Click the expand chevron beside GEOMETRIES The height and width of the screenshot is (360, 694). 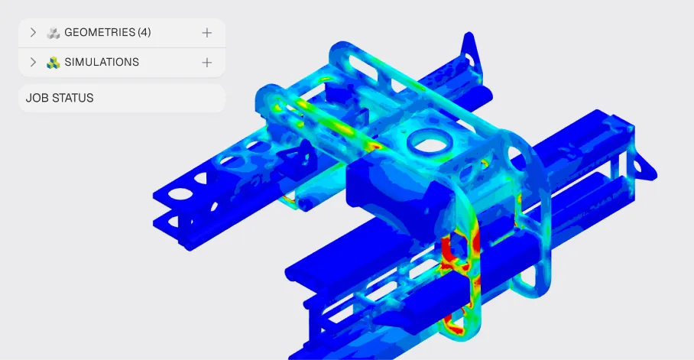[33, 32]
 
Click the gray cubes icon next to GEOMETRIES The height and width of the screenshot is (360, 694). [53, 33]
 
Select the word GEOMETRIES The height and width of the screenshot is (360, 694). [99, 32]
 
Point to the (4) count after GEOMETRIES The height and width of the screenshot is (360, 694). [144, 32]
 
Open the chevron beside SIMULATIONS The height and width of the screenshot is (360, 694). [33, 62]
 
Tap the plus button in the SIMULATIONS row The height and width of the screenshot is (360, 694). [206, 63]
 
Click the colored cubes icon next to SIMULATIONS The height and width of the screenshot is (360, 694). [53, 63]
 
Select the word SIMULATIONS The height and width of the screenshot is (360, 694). [102, 62]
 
